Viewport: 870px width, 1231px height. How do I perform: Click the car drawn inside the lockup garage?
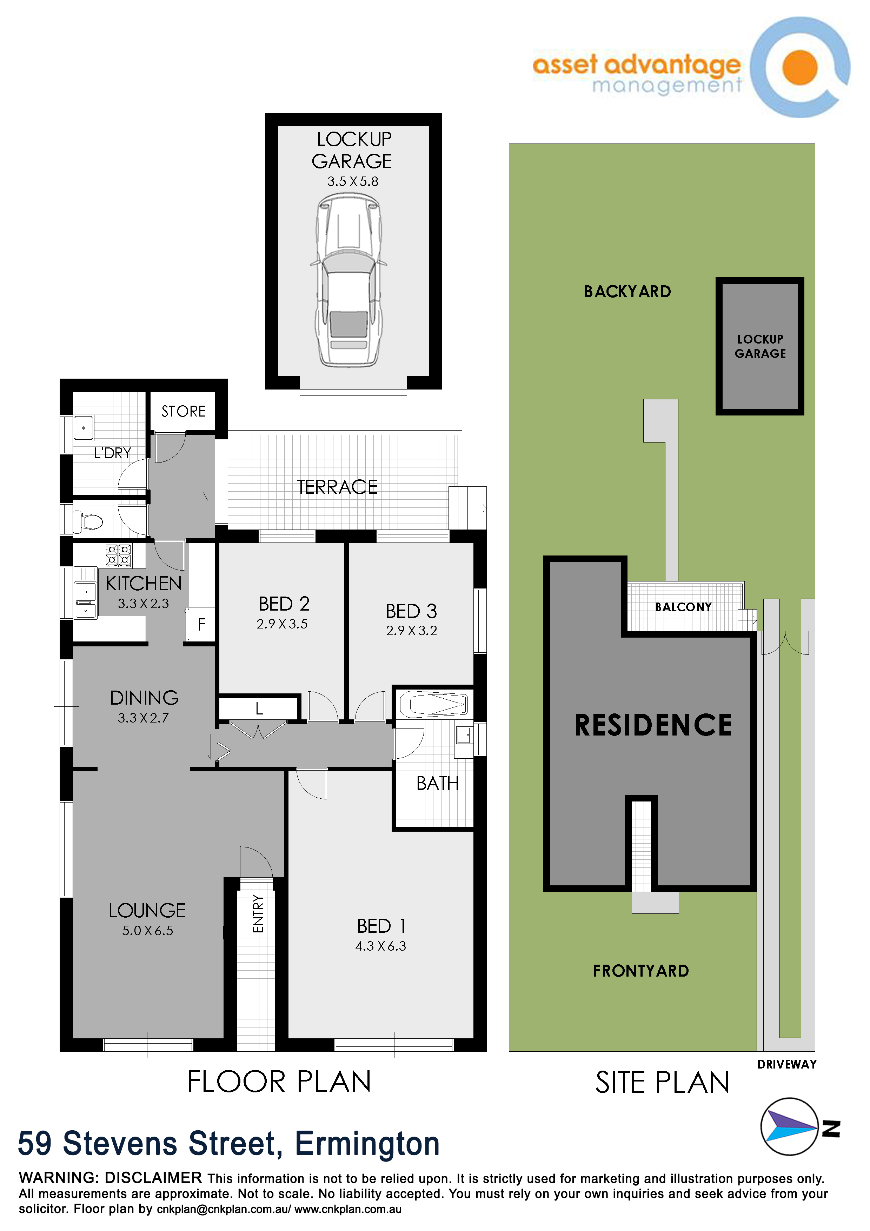tap(349, 280)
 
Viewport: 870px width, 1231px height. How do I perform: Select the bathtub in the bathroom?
tap(434, 704)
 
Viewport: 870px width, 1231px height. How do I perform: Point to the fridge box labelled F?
tap(201, 624)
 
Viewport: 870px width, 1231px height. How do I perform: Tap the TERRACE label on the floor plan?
tap(337, 487)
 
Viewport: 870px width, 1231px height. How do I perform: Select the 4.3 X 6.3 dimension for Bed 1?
tap(380, 946)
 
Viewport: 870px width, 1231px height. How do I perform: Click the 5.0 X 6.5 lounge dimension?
tap(147, 931)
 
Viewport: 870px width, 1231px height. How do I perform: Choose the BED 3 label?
tap(411, 611)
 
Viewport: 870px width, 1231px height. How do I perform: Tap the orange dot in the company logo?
tap(800, 68)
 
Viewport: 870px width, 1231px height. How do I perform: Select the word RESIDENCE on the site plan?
tap(653, 725)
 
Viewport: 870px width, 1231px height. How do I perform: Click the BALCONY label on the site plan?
tap(683, 607)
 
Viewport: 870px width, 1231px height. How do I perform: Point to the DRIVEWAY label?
tap(787, 1064)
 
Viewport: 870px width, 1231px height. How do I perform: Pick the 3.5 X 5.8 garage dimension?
tap(353, 182)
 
